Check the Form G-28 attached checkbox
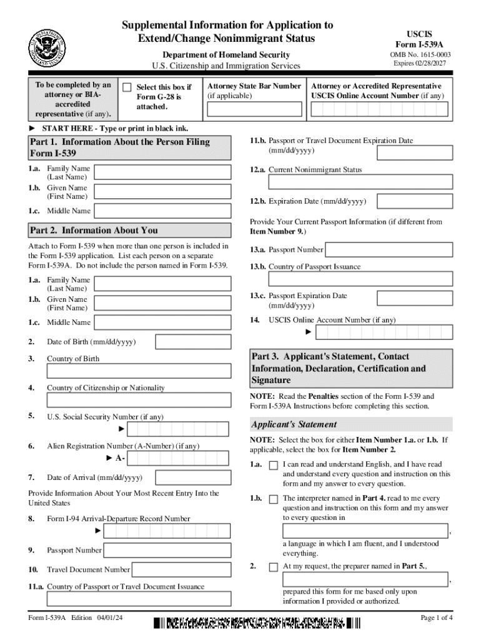[x=127, y=87]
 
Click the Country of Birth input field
[x=139, y=371]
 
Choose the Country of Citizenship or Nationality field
[x=139, y=401]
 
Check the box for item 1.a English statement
[x=274, y=466]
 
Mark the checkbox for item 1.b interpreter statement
[x=274, y=499]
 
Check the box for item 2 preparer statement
[x=274, y=567]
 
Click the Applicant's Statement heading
[x=285, y=424]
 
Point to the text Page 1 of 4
[x=437, y=618]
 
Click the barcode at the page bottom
[x=257, y=622]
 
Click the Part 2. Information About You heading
[x=94, y=230]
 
